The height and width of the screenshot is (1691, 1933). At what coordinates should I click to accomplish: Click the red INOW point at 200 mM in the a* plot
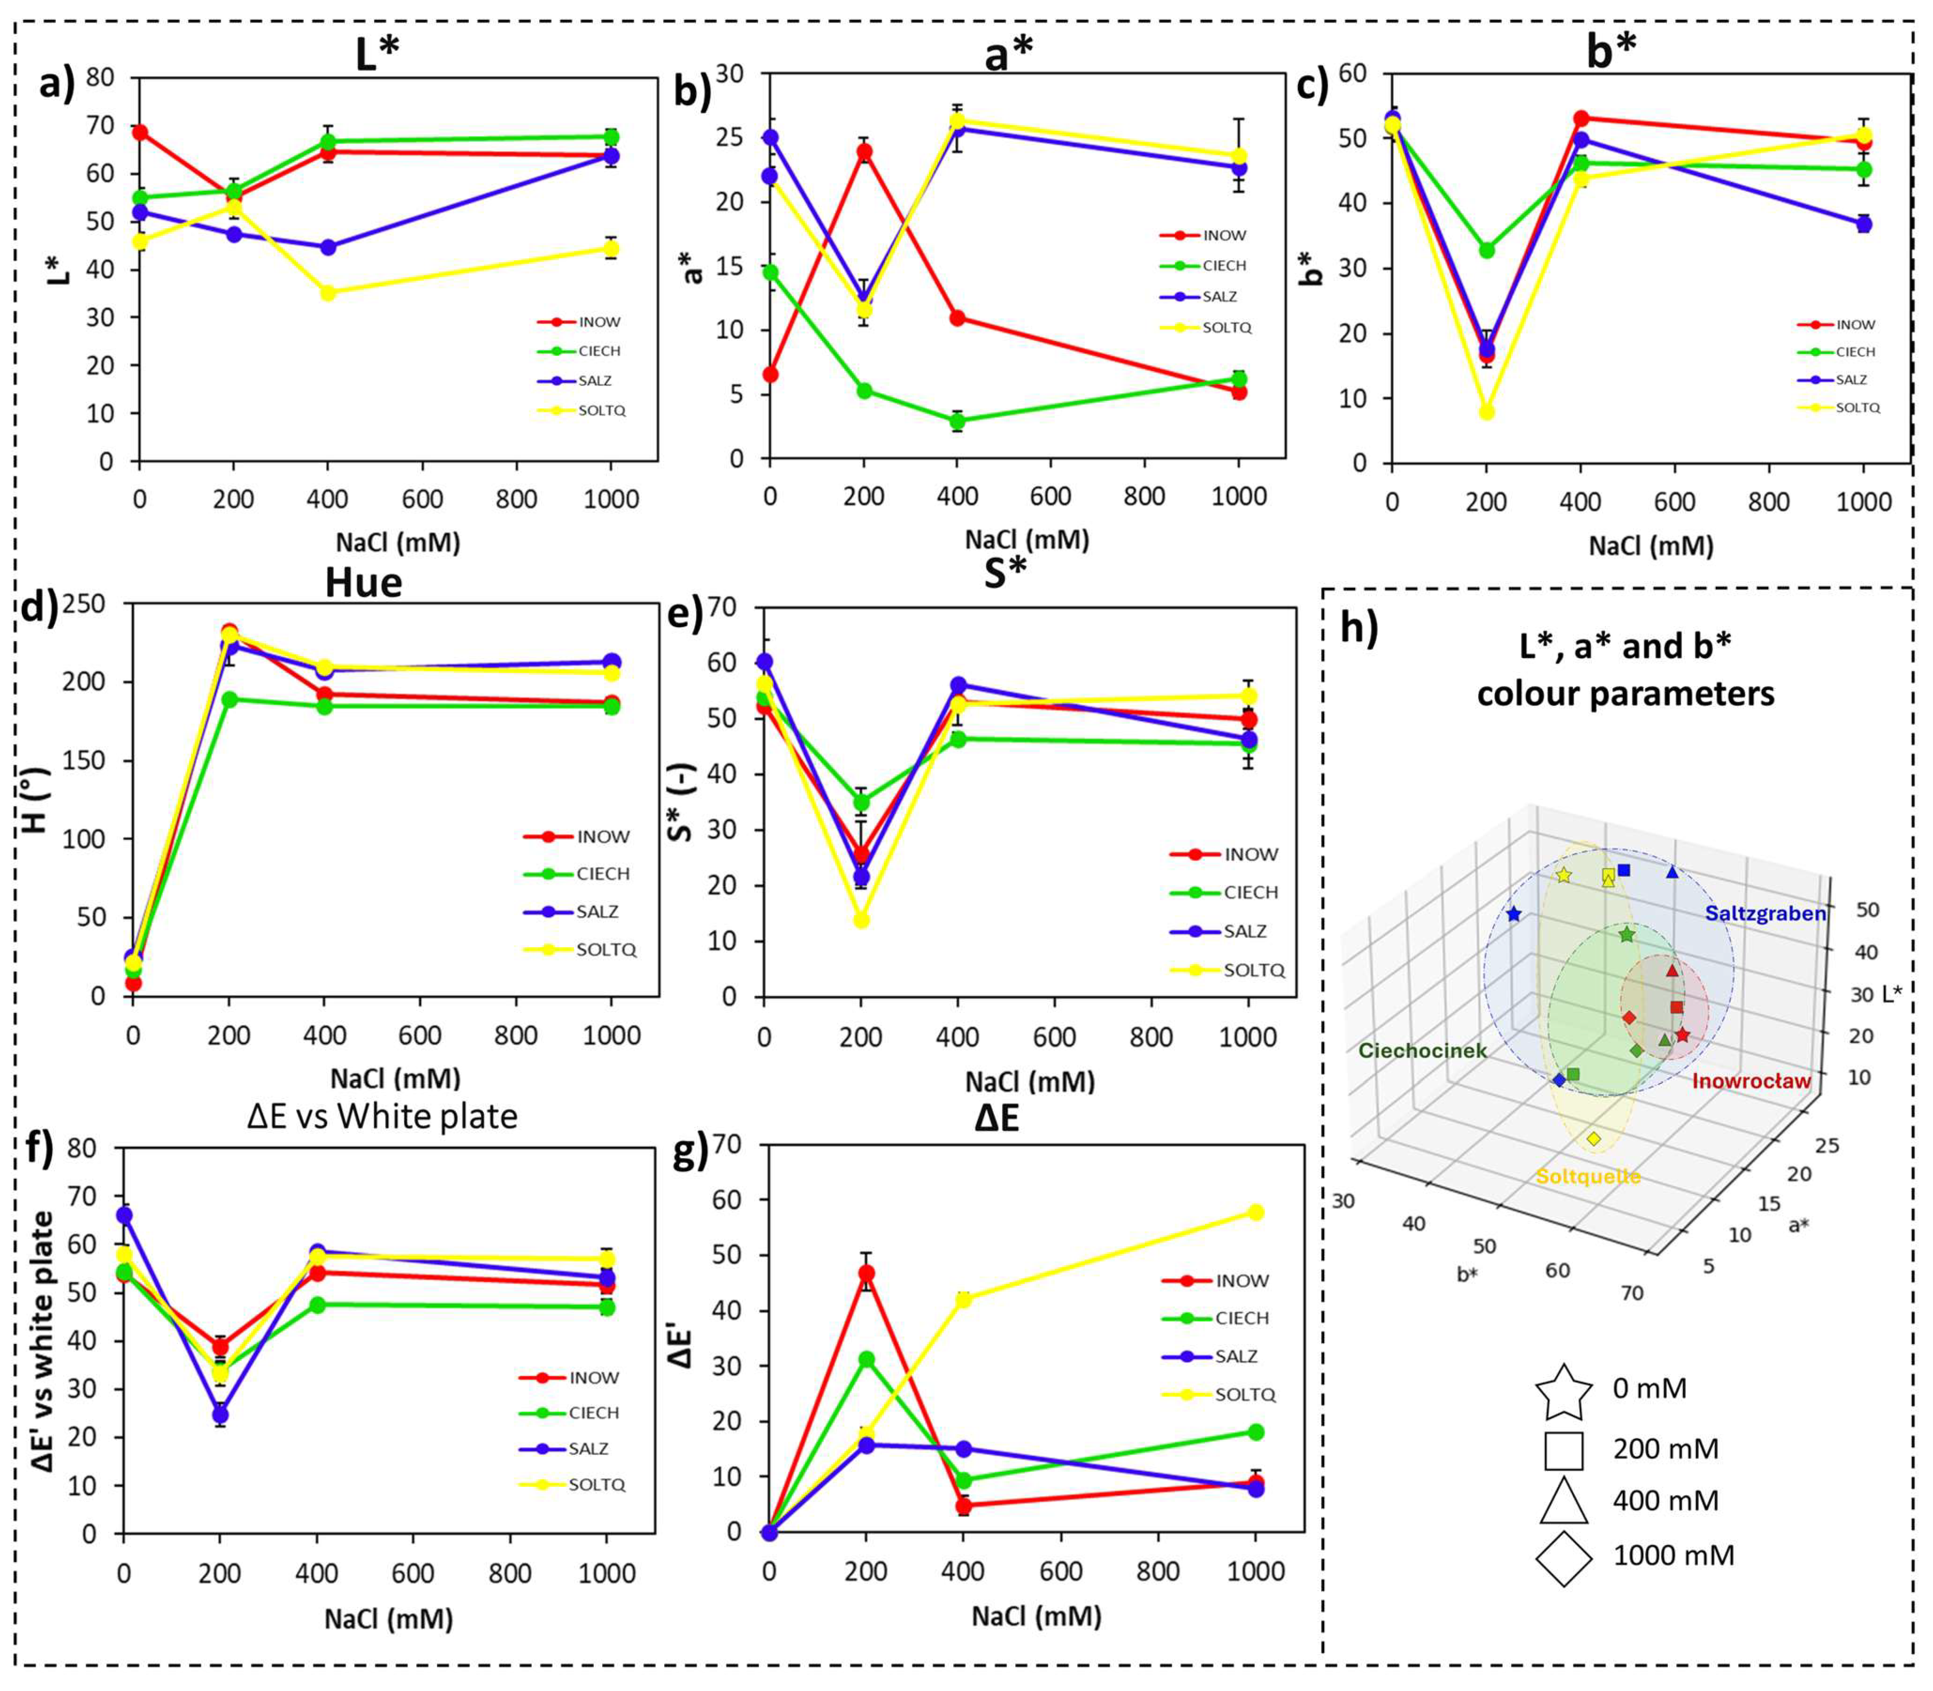[x=863, y=151]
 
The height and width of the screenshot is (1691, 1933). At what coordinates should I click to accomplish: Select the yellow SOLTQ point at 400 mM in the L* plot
[x=328, y=293]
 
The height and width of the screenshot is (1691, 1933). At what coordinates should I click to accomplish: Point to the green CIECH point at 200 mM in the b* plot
[x=1487, y=250]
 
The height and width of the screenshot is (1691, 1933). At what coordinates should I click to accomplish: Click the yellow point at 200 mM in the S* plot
[x=861, y=919]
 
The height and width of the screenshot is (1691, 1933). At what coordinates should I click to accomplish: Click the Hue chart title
[x=364, y=582]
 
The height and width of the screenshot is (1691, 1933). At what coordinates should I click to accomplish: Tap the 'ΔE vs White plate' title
[x=383, y=1116]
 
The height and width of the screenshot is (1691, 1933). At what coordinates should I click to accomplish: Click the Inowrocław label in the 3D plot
[x=1751, y=1080]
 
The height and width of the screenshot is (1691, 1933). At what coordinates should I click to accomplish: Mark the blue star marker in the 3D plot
[x=1514, y=914]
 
